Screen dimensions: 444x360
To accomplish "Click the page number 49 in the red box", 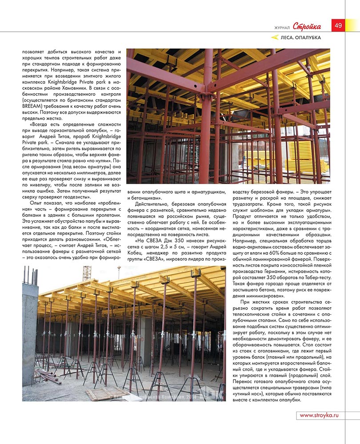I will (x=338, y=25).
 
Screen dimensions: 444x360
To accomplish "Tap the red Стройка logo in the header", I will (x=310, y=26).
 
